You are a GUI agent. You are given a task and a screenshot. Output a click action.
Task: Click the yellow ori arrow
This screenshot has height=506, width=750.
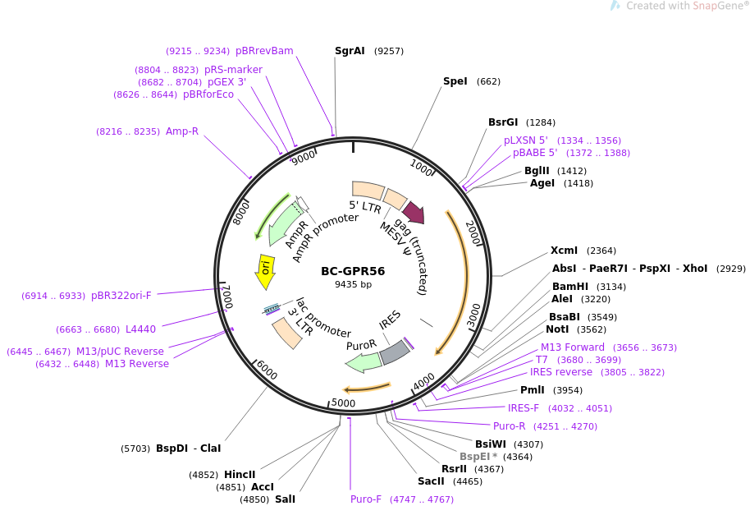click(x=265, y=271)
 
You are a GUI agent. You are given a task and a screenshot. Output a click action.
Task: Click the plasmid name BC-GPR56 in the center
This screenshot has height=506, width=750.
click(x=353, y=271)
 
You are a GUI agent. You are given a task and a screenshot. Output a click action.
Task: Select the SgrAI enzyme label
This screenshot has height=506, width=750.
click(x=350, y=51)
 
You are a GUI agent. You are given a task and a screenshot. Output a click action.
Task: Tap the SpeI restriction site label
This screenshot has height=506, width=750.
click(x=455, y=81)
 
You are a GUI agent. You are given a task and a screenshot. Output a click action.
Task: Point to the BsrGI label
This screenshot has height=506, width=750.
click(x=503, y=122)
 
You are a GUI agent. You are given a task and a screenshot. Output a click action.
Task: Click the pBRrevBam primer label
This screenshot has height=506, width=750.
click(x=263, y=51)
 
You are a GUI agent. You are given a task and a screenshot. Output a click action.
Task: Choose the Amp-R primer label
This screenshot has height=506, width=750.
click(x=182, y=131)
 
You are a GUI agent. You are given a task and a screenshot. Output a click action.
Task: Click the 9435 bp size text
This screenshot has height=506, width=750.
click(x=353, y=285)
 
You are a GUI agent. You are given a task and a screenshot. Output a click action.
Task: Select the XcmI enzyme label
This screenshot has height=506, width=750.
click(x=564, y=251)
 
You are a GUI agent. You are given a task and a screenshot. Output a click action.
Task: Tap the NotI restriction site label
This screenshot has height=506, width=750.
click(x=557, y=329)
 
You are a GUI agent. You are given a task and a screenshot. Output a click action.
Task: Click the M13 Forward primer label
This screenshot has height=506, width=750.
click(x=572, y=347)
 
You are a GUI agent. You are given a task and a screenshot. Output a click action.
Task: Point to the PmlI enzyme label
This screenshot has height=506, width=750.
click(x=532, y=390)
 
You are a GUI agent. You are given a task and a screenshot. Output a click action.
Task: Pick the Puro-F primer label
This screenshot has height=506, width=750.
click(x=366, y=499)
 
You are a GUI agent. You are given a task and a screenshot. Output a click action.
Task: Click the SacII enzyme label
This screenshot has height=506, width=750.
click(x=431, y=481)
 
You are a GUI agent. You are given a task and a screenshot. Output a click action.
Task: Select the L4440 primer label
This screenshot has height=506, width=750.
click(x=140, y=329)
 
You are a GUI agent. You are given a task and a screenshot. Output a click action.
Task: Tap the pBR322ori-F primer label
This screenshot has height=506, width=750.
click(x=121, y=296)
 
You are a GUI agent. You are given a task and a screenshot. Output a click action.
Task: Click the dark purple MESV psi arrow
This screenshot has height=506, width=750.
click(x=413, y=213)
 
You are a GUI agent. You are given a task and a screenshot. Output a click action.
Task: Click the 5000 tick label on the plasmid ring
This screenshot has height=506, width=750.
click(x=343, y=402)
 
